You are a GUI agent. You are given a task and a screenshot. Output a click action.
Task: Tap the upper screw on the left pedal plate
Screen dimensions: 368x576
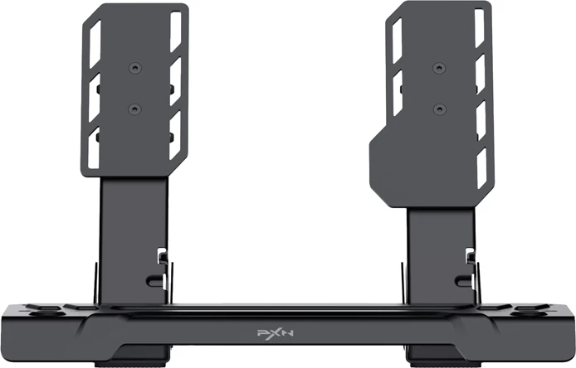pos(134,67)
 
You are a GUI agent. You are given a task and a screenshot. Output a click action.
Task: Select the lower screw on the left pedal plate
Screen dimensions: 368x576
pos(134,107)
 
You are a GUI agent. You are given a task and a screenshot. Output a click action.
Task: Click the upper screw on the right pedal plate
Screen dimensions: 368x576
pos(437,67)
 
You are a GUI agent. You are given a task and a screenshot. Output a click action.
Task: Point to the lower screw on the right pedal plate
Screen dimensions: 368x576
pos(437,107)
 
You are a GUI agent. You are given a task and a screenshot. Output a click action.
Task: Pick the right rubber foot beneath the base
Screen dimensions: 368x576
pos(440,363)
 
